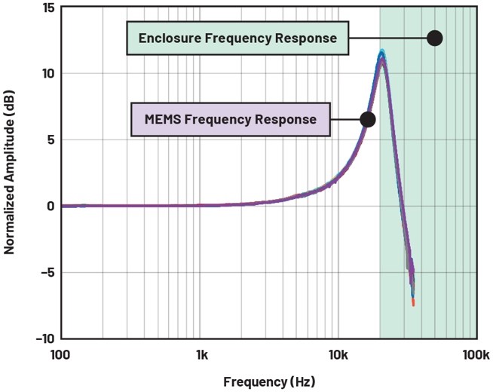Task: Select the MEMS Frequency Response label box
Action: point(231,119)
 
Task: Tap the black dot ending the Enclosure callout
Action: point(435,38)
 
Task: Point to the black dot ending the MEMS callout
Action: point(368,119)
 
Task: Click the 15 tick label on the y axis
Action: point(45,8)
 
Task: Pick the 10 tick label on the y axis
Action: point(45,74)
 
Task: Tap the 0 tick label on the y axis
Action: point(48,206)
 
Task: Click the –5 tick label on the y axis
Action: point(45,272)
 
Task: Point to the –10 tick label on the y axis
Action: point(43,338)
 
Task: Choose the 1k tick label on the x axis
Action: point(201,354)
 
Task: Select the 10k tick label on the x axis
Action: point(337,354)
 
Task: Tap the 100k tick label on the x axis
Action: point(473,354)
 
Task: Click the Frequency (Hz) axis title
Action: point(268,381)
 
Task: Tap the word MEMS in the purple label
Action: point(160,119)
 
